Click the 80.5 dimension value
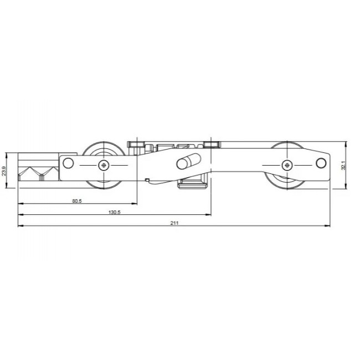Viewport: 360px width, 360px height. pos(76,202)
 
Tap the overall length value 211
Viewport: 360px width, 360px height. pos(174,223)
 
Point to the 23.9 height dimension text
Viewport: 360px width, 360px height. pos(4,171)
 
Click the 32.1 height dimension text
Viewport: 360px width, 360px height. pos(343,165)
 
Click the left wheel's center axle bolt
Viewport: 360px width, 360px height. pos(104,164)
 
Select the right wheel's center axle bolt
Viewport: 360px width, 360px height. pos(286,164)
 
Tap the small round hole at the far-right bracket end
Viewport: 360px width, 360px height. pos(321,163)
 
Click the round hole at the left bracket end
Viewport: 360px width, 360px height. pos(68,163)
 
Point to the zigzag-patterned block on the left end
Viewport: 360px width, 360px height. pos(38,173)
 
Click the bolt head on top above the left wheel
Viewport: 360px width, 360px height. pos(137,145)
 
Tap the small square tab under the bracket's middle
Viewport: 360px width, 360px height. pos(146,179)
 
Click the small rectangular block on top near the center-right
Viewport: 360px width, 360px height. pos(212,145)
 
